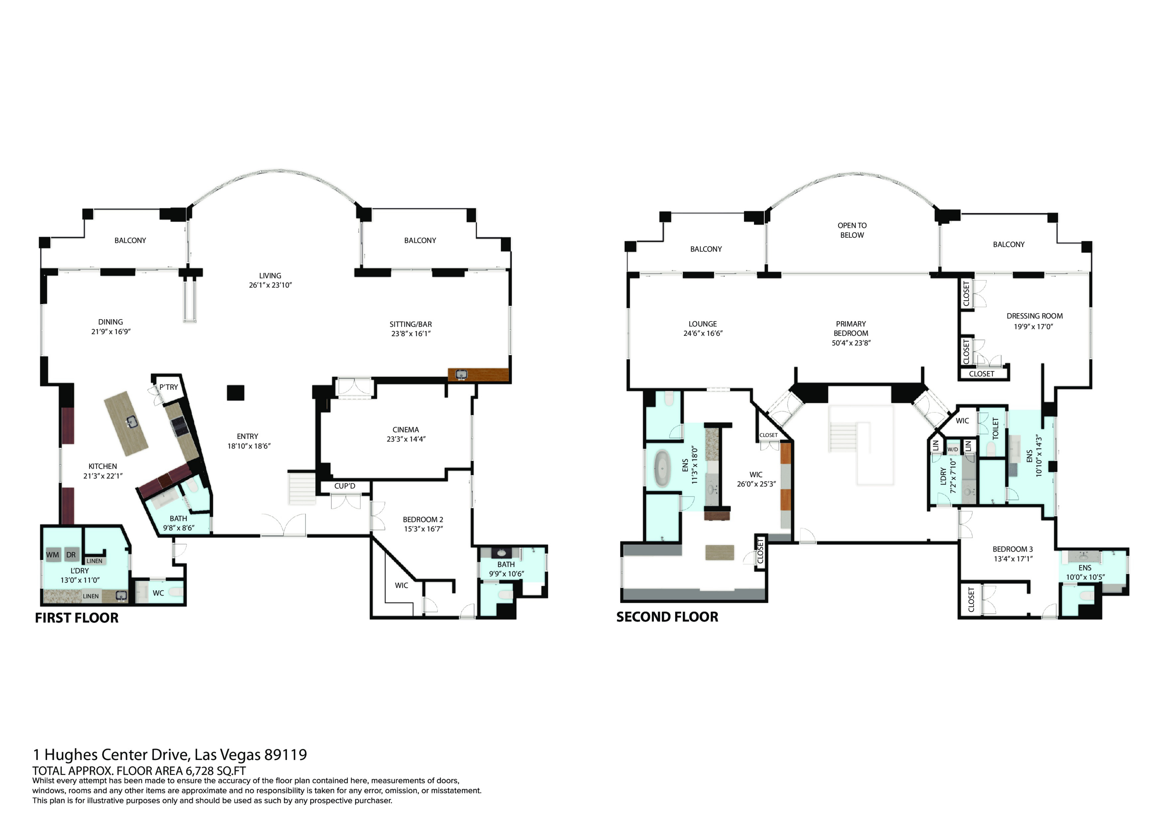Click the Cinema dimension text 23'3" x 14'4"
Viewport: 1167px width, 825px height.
(406, 439)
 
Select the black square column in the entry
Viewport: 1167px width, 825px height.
(235, 393)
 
